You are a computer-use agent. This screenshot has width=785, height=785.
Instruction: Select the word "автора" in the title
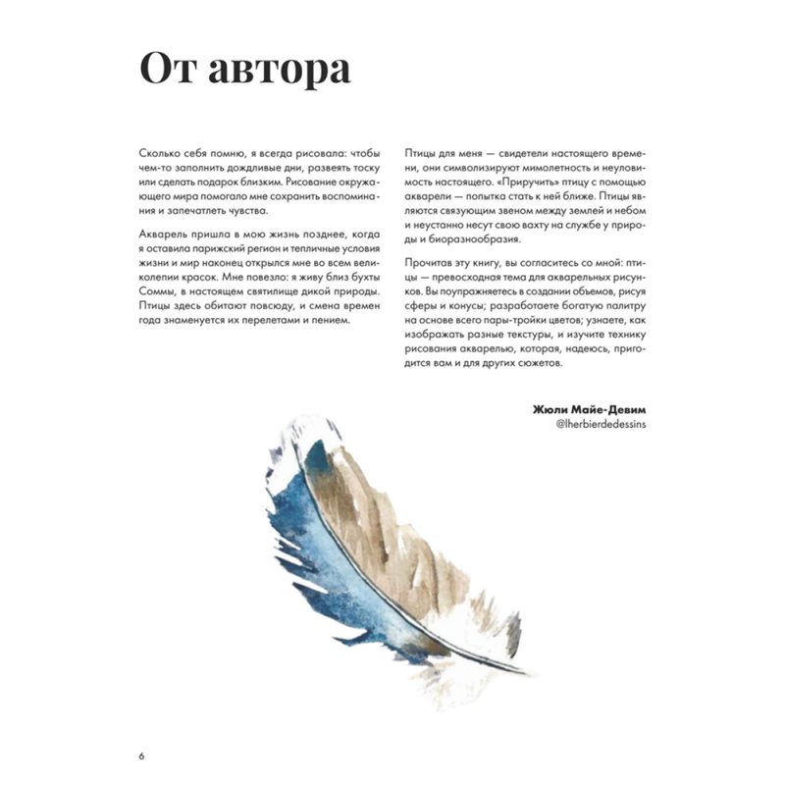(278, 71)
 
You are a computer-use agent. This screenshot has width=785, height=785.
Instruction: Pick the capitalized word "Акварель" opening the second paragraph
(166, 238)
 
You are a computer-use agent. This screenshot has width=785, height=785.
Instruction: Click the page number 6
(143, 756)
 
